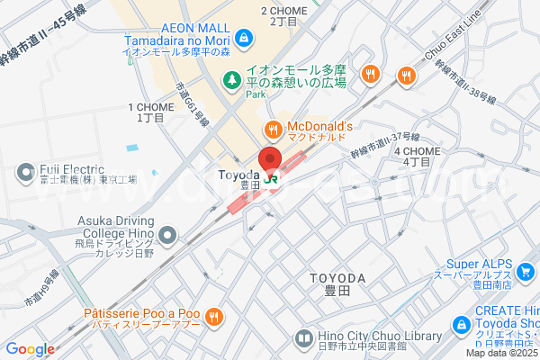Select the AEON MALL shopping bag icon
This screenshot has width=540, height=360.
pyautogui.click(x=243, y=38)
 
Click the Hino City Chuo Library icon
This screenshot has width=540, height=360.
pyautogui.click(x=303, y=338)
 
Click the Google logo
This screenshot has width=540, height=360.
pyautogui.click(x=30, y=349)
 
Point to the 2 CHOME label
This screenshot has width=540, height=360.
pyautogui.click(x=283, y=11)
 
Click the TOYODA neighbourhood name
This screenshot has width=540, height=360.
pyautogui.click(x=337, y=277)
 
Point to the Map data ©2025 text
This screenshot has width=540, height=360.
pyautogui.click(x=501, y=353)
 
